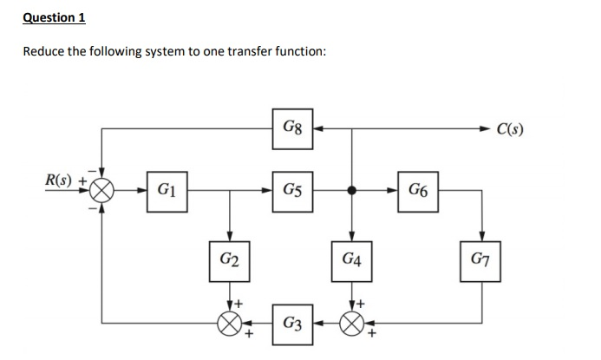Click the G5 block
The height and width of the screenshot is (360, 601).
(291, 191)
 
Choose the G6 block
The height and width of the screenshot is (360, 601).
(417, 191)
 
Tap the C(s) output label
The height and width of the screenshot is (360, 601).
(511, 131)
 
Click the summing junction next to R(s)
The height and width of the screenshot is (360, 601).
(103, 191)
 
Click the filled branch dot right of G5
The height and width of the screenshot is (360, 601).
(352, 191)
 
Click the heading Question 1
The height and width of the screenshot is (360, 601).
(54, 16)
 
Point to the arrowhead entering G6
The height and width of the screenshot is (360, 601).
(392, 191)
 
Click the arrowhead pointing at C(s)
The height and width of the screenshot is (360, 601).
(485, 131)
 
